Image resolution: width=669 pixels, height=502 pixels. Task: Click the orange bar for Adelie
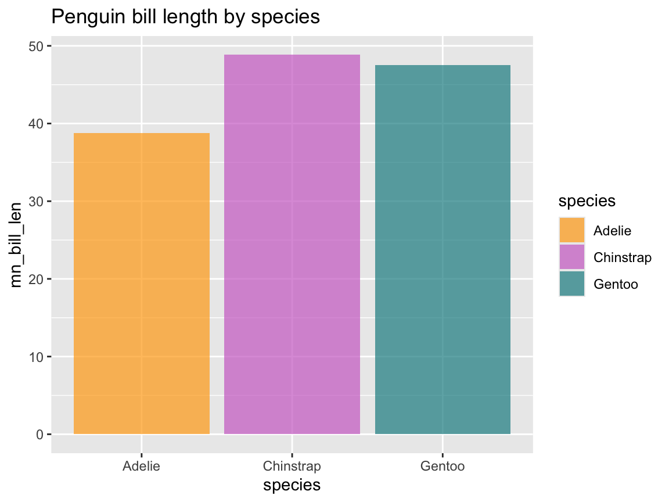tap(141, 284)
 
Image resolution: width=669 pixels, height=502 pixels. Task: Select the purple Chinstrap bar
tap(292, 244)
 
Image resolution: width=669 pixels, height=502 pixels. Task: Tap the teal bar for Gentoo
tap(443, 249)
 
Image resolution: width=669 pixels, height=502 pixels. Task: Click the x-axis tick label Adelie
tap(141, 466)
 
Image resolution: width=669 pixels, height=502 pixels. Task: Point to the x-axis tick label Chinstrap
tap(292, 466)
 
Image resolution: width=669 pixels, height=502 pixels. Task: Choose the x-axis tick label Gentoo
tap(443, 466)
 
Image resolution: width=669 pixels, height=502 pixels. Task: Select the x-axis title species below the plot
tap(292, 485)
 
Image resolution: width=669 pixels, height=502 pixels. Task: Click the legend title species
tap(587, 201)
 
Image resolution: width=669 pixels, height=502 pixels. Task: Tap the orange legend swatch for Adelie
tap(572, 231)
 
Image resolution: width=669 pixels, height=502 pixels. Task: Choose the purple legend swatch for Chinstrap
tap(572, 257)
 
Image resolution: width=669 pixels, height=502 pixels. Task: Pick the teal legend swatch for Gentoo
tap(572, 284)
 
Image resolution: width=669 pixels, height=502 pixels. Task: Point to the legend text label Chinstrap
tap(623, 257)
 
